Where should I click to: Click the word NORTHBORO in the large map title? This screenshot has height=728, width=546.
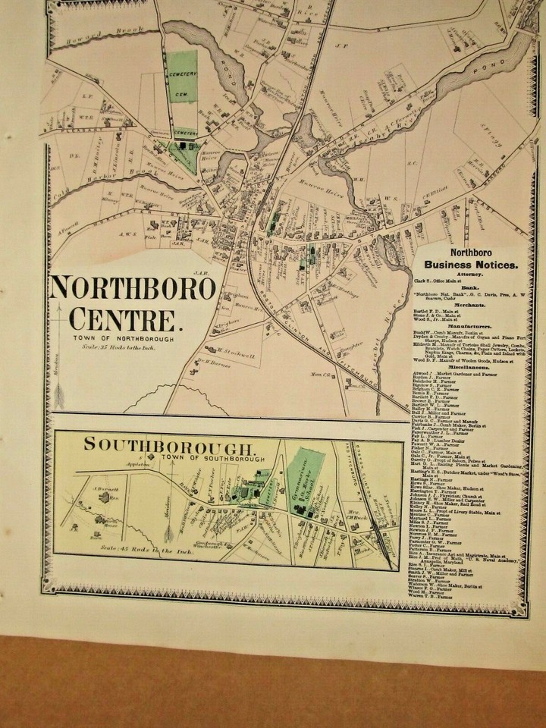click(133, 288)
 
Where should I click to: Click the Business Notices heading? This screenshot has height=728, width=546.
click(471, 265)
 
